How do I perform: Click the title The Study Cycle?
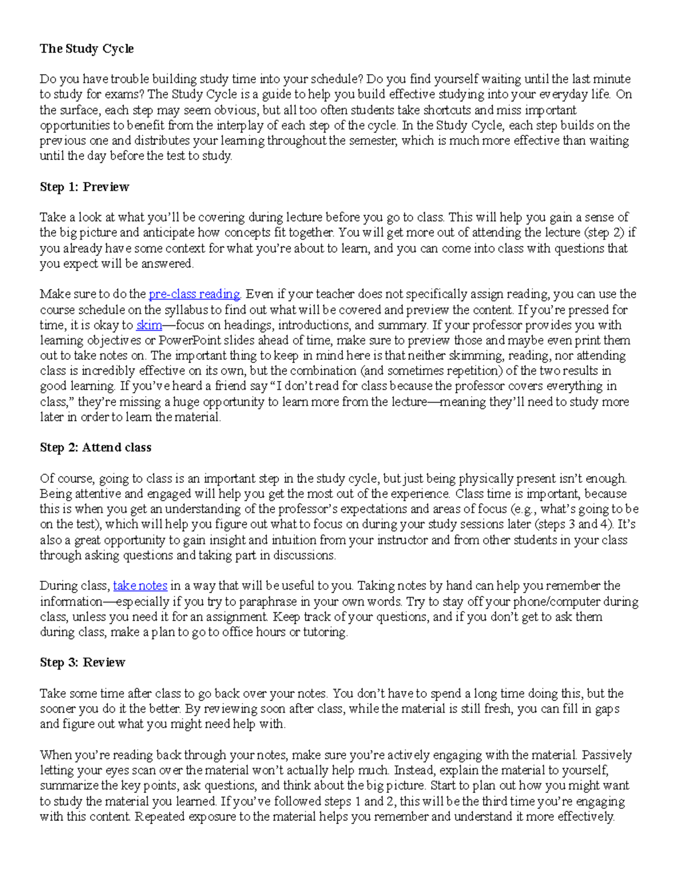(x=87, y=49)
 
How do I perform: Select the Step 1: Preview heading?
(x=84, y=187)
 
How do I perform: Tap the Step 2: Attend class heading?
(x=95, y=447)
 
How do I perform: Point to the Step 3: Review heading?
(x=82, y=662)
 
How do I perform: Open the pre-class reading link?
(x=194, y=294)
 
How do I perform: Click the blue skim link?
(x=149, y=325)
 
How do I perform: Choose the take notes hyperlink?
(x=140, y=585)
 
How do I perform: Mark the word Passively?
(x=607, y=754)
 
